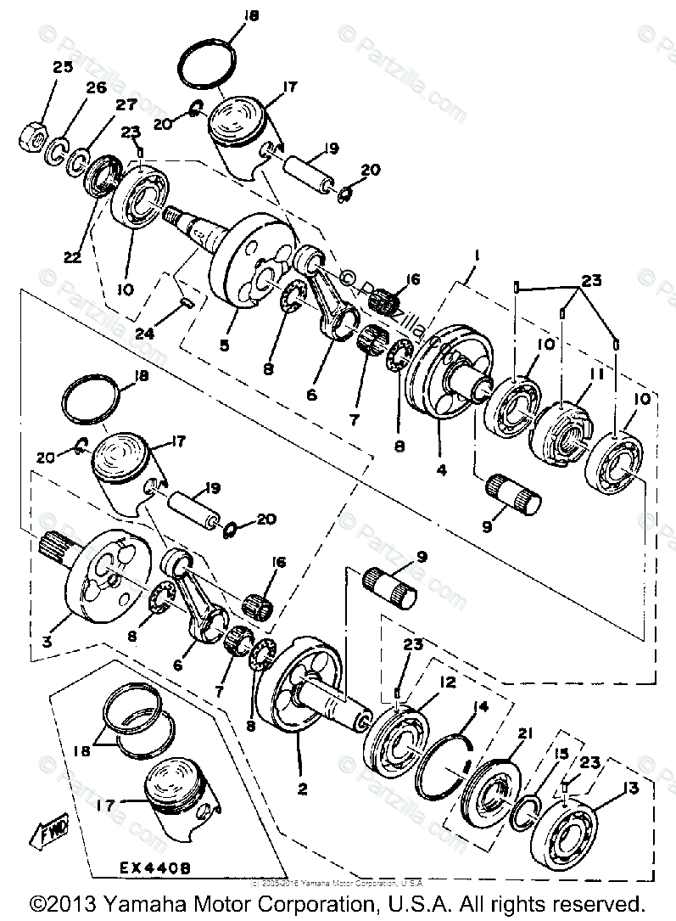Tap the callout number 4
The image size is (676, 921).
click(x=440, y=467)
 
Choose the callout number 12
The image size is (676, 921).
click(x=447, y=682)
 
